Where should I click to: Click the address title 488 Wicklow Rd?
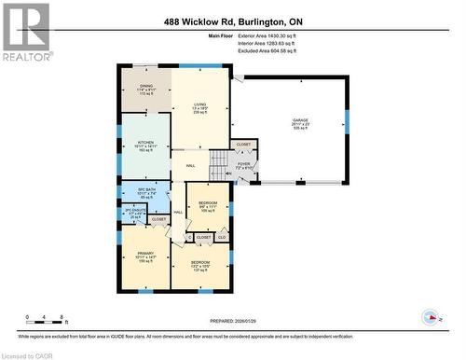(x=232, y=21)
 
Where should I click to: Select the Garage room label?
(x=299, y=123)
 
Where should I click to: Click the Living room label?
(x=199, y=108)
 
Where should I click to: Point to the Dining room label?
(x=144, y=90)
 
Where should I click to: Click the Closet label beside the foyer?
(x=243, y=145)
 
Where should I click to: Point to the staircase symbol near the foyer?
(x=218, y=165)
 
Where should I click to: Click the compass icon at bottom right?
(x=430, y=317)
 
